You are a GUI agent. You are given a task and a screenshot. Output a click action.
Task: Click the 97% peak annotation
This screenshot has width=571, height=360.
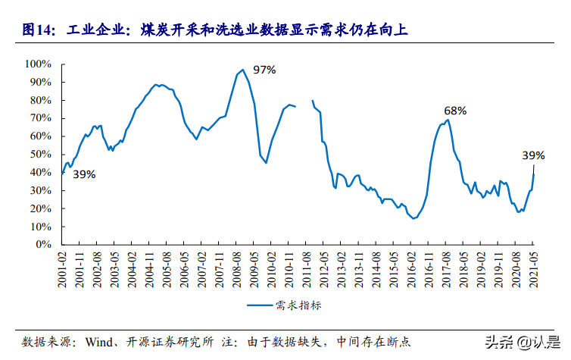pyautogui.click(x=264, y=70)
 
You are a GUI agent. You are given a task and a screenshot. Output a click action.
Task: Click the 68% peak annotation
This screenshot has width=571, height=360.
pyautogui.click(x=455, y=111)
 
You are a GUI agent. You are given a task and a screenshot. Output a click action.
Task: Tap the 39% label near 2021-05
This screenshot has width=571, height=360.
pyautogui.click(x=533, y=155)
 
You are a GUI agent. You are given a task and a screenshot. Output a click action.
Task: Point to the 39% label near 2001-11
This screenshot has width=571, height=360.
pyautogui.click(x=84, y=174)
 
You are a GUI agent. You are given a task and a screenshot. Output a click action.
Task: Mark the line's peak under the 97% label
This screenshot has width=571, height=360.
pyautogui.click(x=242, y=70)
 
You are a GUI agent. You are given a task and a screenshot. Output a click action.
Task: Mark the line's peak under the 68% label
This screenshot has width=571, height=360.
pyautogui.click(x=448, y=119)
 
